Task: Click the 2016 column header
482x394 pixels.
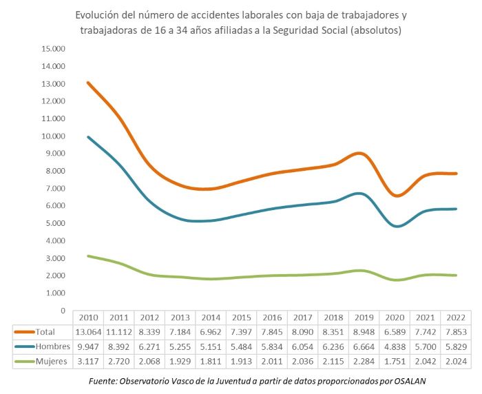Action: tap(273, 318)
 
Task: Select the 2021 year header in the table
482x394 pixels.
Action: tap(427, 318)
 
